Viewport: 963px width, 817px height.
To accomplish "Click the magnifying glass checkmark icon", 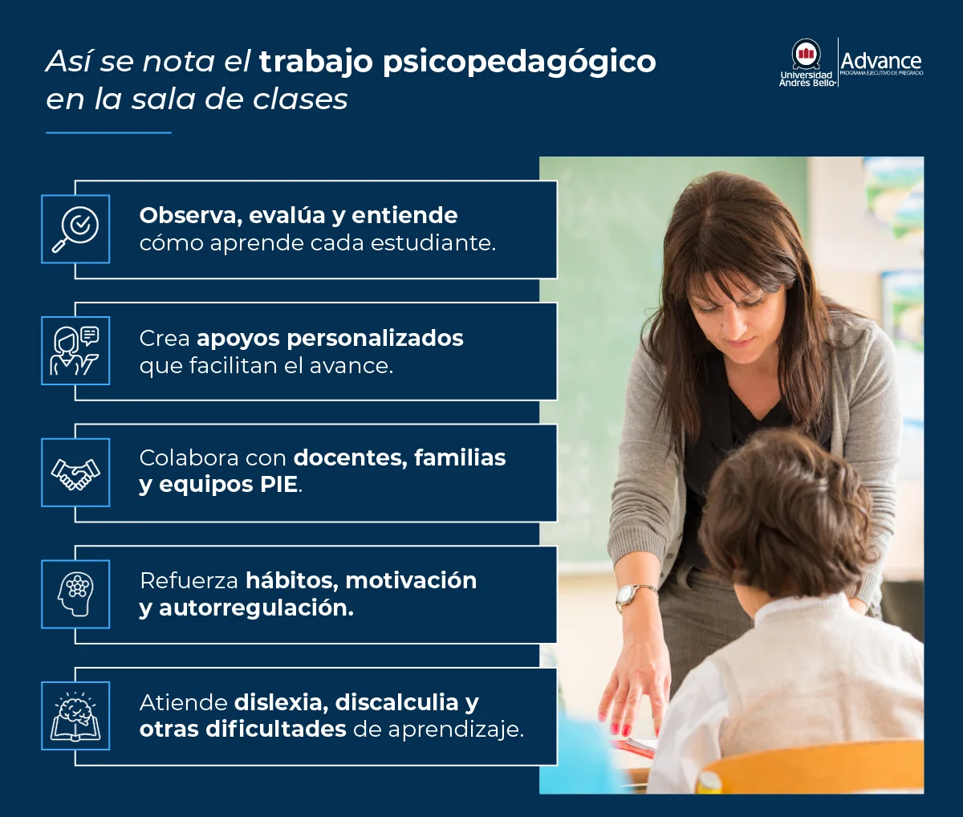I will tap(75, 229).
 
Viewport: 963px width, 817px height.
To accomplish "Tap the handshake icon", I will tap(75, 473).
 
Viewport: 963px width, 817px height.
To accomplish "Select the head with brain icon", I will tap(75, 595).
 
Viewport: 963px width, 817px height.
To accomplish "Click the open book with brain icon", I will tap(75, 716).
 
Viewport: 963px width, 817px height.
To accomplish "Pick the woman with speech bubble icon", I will tap(75, 351).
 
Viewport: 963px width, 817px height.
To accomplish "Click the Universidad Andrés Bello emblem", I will tap(806, 55).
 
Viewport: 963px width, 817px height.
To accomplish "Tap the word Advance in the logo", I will tap(880, 61).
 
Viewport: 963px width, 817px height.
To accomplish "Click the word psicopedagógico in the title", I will tap(519, 62).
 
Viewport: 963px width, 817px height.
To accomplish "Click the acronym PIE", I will tap(278, 485).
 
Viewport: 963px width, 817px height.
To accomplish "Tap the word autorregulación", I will tap(255, 608).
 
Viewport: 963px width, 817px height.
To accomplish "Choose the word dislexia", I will tap(279, 702).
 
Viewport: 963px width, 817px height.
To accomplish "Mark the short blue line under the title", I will tap(108, 132).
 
